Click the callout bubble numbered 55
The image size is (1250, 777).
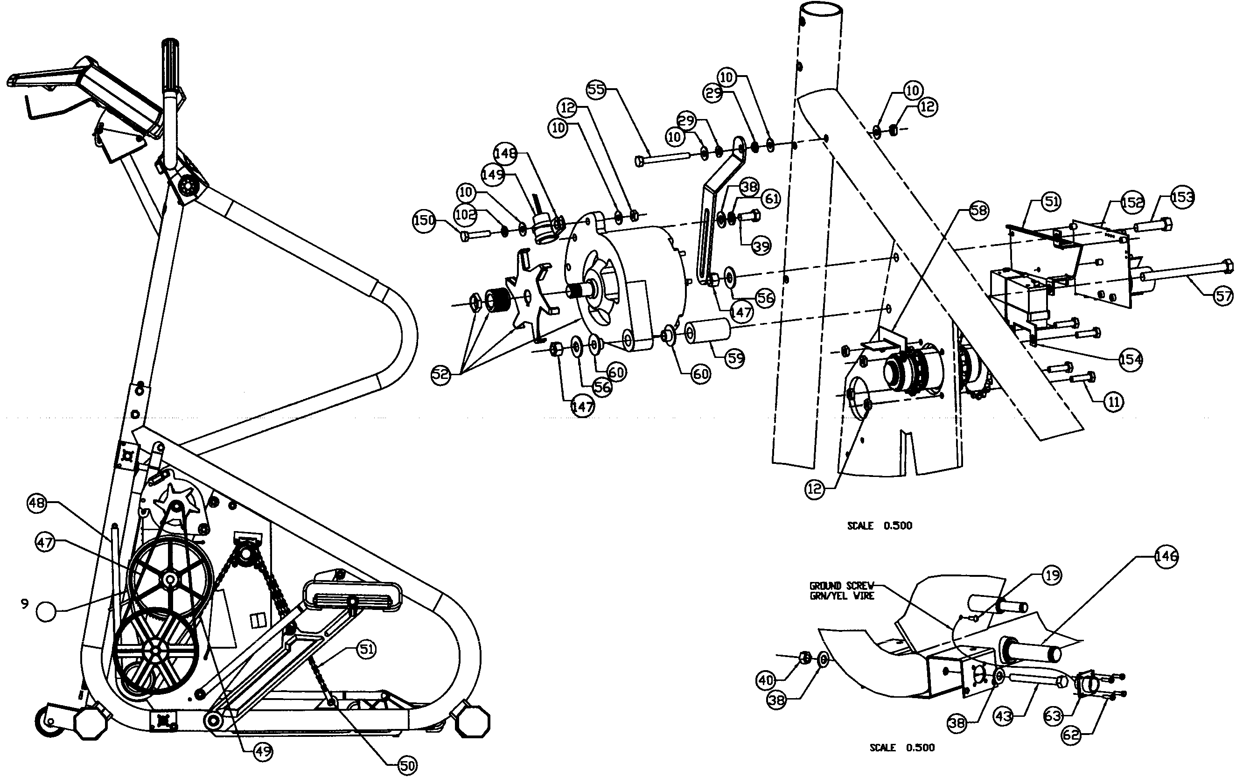tap(596, 89)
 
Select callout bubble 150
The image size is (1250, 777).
tap(425, 221)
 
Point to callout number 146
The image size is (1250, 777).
tap(1166, 557)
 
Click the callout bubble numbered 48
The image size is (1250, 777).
tap(36, 503)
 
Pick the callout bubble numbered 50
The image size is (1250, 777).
tap(407, 766)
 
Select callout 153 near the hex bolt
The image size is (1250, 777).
tap(1182, 197)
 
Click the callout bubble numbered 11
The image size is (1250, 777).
tap(1113, 401)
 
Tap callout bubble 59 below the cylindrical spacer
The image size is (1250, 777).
tap(735, 358)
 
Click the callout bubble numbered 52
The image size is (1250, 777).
tap(441, 375)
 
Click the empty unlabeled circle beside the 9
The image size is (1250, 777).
tap(46, 611)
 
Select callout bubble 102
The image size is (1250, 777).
tap(465, 214)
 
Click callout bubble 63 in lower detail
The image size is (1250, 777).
tap(1053, 716)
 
